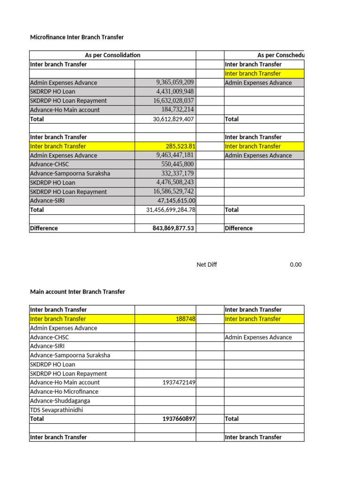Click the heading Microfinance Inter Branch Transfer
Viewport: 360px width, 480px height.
[x=77, y=37]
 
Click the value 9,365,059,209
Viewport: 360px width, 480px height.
[x=175, y=82]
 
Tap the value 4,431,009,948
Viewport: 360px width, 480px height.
[x=175, y=91]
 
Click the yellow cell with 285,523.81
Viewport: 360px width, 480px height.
[x=180, y=146]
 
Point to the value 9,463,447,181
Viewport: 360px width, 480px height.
[x=175, y=155]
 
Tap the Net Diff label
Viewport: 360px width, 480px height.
[x=207, y=265]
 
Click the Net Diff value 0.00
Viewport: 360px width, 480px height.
[x=295, y=265]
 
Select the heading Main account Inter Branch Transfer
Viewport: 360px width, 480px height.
[x=77, y=292]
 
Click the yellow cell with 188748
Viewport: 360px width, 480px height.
[x=186, y=319]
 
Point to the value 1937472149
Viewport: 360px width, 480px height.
[x=179, y=382]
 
